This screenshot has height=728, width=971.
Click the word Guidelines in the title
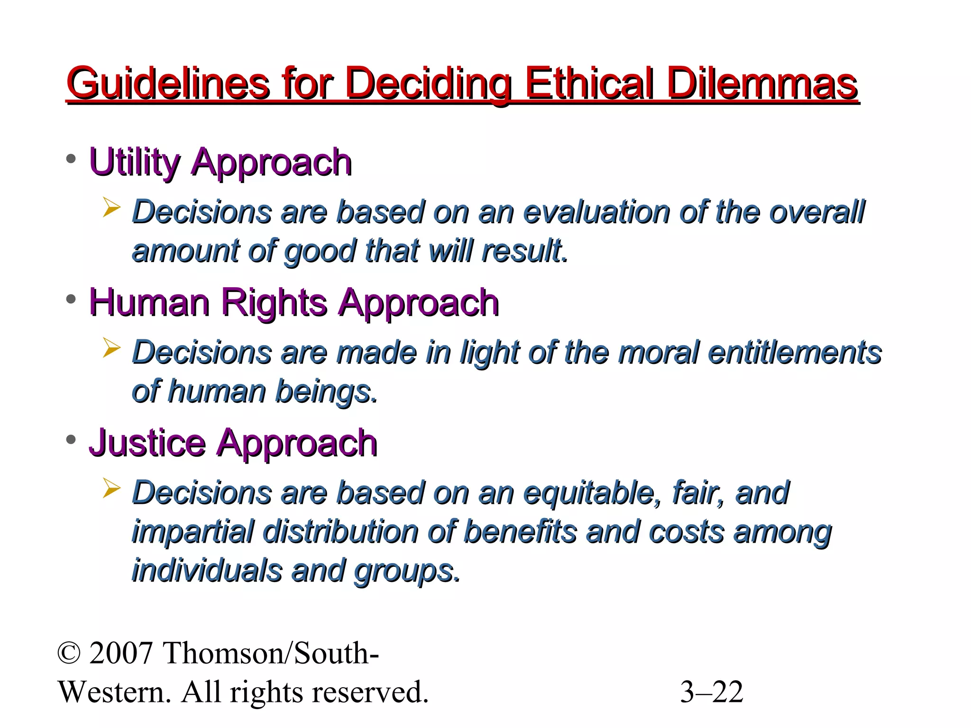(x=168, y=84)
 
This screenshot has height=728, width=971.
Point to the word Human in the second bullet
(x=149, y=302)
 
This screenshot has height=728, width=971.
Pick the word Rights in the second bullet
(x=274, y=302)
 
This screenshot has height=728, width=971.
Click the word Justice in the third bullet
(x=147, y=443)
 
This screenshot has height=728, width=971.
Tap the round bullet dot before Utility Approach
(x=71, y=159)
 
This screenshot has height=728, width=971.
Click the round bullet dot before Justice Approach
(x=71, y=440)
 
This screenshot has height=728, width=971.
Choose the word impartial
(x=192, y=532)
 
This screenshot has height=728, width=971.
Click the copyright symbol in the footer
(x=69, y=653)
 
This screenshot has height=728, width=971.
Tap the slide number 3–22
(x=711, y=692)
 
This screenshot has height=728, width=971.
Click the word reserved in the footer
(x=377, y=692)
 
